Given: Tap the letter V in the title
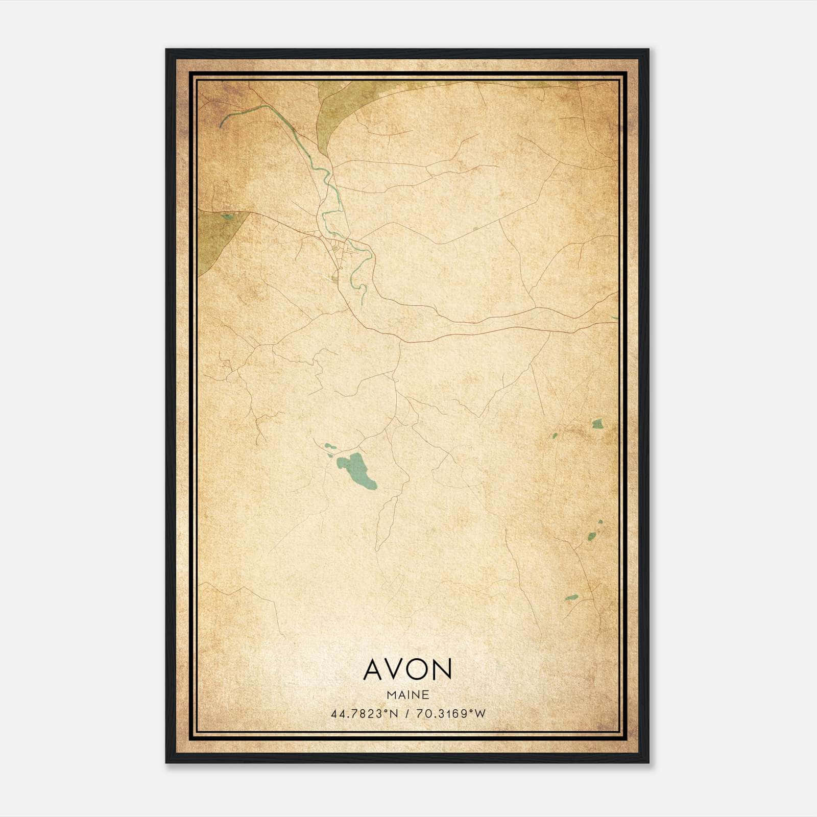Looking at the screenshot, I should pyautogui.click(x=396, y=669).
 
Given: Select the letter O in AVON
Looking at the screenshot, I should pyautogui.click(x=419, y=669).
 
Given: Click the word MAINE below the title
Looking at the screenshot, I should pyautogui.click(x=407, y=695).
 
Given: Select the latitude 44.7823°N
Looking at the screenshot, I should pyautogui.click(x=364, y=714).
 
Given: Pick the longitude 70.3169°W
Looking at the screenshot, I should pyautogui.click(x=451, y=714).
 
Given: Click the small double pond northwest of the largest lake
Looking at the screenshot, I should pyautogui.click(x=329, y=448).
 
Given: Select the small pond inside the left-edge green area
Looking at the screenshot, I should pyautogui.click(x=227, y=217).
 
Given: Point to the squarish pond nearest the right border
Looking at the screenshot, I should pyautogui.click(x=597, y=423).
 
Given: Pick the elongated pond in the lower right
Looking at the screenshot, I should pyautogui.click(x=571, y=597).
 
